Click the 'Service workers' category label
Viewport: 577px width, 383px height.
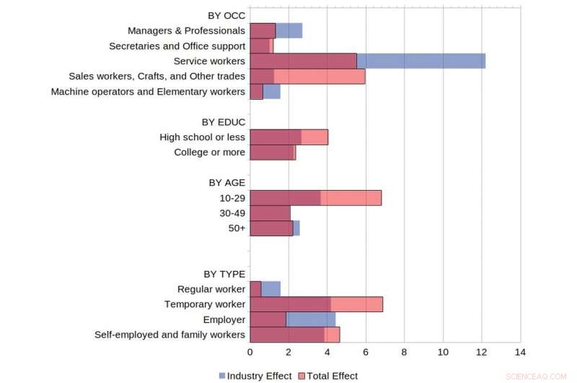(x=209, y=61)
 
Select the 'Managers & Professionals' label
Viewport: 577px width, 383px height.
(x=186, y=30)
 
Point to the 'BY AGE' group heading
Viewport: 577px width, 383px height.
(x=227, y=182)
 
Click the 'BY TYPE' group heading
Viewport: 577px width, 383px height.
(x=224, y=274)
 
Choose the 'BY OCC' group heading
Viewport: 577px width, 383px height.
(x=226, y=15)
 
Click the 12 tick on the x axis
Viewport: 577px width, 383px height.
(x=481, y=352)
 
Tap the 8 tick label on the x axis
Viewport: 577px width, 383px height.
(x=404, y=352)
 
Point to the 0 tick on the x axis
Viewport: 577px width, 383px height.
(x=250, y=352)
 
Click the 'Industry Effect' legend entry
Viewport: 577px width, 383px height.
(x=255, y=376)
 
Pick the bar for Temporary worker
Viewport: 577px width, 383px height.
(x=316, y=304)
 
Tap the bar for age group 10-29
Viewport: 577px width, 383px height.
(x=315, y=197)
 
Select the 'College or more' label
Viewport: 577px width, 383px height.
(x=209, y=152)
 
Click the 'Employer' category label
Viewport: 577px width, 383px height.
(x=225, y=319)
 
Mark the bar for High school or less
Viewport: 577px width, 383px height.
(x=288, y=137)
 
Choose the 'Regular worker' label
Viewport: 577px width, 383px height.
(x=211, y=289)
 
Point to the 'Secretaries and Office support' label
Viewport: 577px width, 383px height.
(x=177, y=46)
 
